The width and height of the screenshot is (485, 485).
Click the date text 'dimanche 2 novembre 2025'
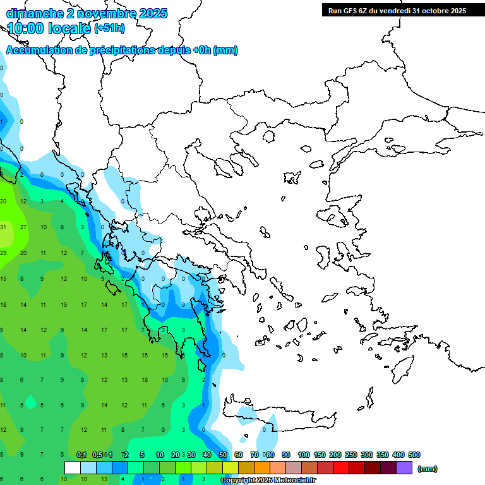pyautogui.click(x=87, y=13)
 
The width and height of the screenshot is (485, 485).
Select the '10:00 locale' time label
pyautogui.click(x=49, y=28)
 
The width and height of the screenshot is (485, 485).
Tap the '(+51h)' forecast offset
pyautogui.click(x=109, y=28)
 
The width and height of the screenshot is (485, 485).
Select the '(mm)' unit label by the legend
pyautogui.click(x=428, y=469)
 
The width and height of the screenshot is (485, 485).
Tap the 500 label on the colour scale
pyautogui.click(x=414, y=455)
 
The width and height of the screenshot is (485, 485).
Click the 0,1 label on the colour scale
pyautogui.click(x=81, y=455)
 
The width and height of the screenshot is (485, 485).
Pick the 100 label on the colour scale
pyautogui.click(x=303, y=455)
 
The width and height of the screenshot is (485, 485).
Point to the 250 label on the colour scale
pyautogui.click(x=350, y=455)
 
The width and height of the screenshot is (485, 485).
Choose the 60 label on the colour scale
pyautogui.click(x=239, y=455)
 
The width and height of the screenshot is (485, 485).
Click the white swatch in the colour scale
pyautogui.click(x=73, y=468)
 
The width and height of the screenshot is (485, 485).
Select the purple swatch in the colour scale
pyautogui.click(x=404, y=468)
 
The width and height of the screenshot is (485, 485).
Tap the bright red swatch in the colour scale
pyautogui.click(x=341, y=468)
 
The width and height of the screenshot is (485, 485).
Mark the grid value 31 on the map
pyautogui.click(x=3, y=227)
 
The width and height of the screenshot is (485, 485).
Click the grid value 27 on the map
pyautogui.click(x=23, y=227)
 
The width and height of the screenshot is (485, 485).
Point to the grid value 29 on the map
pyautogui.click(x=3, y=253)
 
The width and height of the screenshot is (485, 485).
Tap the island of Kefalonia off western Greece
pyautogui.click(x=114, y=288)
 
